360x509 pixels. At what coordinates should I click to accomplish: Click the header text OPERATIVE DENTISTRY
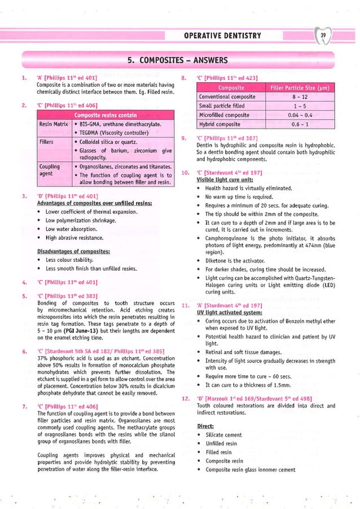[x=222, y=36]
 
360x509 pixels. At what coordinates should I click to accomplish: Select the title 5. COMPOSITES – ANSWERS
[x=177, y=60]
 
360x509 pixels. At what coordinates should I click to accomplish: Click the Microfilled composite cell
[x=221, y=115]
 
